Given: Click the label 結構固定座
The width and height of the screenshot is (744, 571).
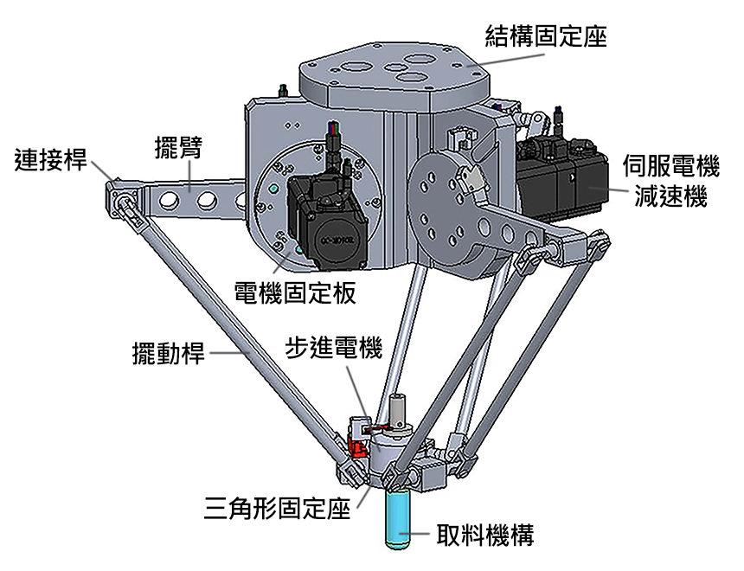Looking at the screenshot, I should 545,37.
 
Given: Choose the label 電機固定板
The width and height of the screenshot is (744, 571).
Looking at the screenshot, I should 295,292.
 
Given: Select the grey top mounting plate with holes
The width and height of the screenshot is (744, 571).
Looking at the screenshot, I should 394,74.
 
